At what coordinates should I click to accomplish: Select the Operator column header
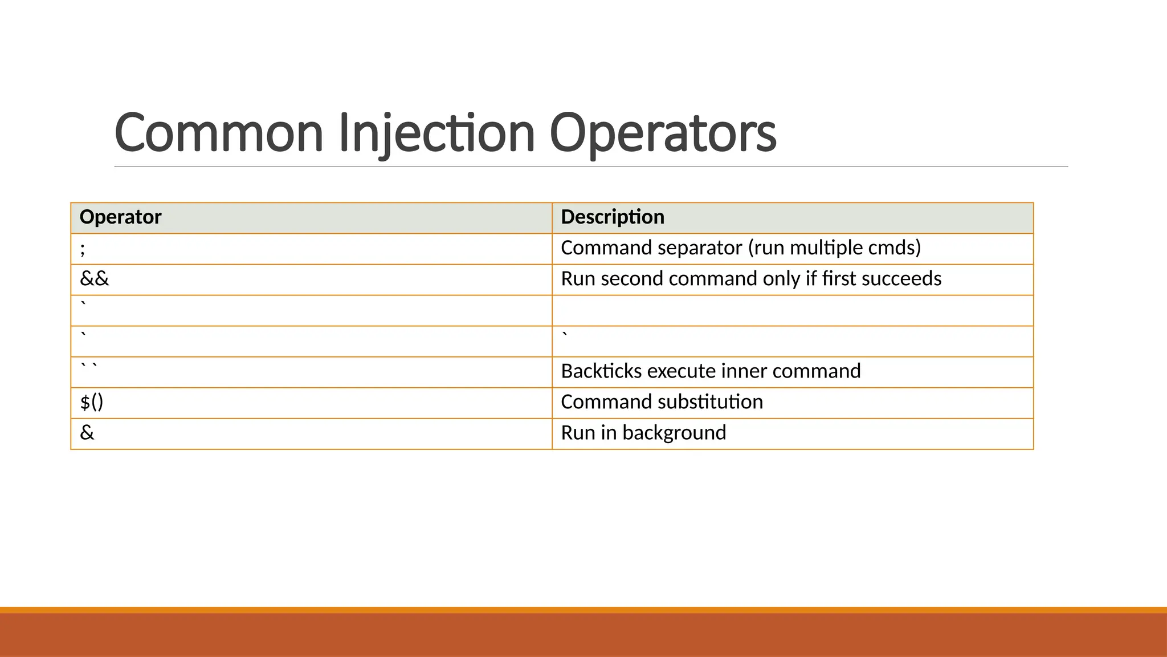point(120,217)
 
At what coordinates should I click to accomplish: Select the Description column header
point(613,217)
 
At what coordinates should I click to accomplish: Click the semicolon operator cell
point(83,249)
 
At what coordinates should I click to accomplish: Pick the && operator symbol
point(94,279)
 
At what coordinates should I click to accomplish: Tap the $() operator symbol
point(92,402)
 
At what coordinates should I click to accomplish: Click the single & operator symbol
point(87,433)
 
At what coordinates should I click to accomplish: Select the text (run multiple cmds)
point(835,248)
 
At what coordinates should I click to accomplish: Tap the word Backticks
point(602,371)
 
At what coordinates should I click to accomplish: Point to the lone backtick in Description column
point(565,334)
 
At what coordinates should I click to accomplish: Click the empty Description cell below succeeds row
point(792,310)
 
